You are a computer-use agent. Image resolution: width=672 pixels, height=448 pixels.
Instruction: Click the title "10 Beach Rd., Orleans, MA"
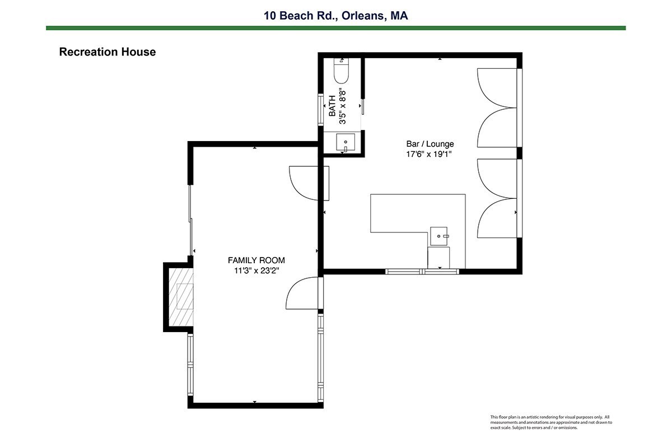(335, 16)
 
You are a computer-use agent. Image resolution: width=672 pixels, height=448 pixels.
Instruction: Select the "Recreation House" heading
(108, 52)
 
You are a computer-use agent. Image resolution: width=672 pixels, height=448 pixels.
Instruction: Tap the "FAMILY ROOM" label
(256, 260)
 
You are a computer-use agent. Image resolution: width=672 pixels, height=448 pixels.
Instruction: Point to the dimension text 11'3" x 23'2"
(256, 270)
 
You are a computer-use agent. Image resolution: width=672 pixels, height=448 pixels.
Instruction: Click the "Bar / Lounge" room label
(430, 144)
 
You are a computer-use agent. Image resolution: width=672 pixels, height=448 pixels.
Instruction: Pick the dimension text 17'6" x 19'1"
(429, 154)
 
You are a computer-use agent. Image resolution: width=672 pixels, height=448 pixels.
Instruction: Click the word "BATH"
(332, 106)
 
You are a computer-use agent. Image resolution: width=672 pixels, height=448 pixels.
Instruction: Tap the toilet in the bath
(342, 71)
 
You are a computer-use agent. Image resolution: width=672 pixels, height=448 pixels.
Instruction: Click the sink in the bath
(346, 142)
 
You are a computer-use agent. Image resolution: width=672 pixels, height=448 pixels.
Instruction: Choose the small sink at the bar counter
(438, 236)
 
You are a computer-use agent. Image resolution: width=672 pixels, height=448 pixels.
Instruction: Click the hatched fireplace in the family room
(180, 297)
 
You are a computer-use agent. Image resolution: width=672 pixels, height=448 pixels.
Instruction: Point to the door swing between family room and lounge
(309, 183)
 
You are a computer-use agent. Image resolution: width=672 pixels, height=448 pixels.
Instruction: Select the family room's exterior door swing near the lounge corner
(304, 293)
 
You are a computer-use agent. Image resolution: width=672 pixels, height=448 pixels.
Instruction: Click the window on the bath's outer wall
(320, 109)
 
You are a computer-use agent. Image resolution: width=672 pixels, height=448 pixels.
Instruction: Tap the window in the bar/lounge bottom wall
(422, 272)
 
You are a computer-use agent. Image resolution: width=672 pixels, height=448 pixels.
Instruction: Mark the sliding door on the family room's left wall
(190, 220)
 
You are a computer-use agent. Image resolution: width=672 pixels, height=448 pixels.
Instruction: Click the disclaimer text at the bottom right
(551, 422)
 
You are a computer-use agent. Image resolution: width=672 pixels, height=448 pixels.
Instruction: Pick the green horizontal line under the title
(335, 28)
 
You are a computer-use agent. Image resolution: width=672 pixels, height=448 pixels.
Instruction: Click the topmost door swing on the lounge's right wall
(497, 88)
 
